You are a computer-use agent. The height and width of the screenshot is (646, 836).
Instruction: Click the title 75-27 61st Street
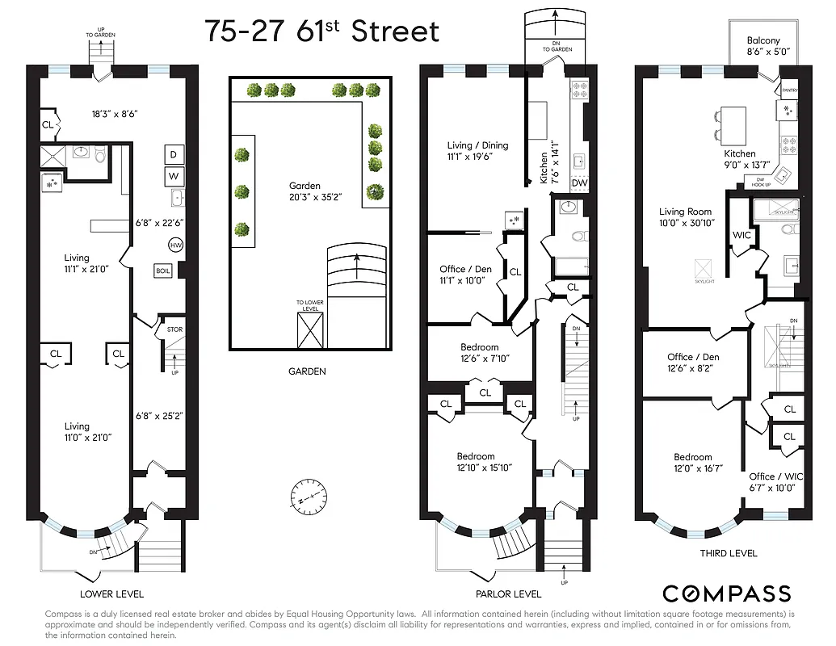321,31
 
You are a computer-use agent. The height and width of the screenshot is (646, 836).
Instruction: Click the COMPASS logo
726,594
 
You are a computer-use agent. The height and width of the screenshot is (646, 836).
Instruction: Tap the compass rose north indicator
309,494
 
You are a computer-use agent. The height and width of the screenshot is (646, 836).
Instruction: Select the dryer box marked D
174,154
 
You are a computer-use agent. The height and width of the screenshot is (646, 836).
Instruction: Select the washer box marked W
174,175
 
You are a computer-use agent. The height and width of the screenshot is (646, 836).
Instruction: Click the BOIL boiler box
163,271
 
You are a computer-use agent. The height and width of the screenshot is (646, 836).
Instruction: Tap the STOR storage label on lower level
174,329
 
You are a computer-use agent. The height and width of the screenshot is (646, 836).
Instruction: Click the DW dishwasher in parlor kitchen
578,182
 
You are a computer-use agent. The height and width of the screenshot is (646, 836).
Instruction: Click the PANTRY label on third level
789,90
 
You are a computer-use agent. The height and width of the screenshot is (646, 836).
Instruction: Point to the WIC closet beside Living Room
742,235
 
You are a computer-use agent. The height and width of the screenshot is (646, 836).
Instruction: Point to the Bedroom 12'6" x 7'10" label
480,353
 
